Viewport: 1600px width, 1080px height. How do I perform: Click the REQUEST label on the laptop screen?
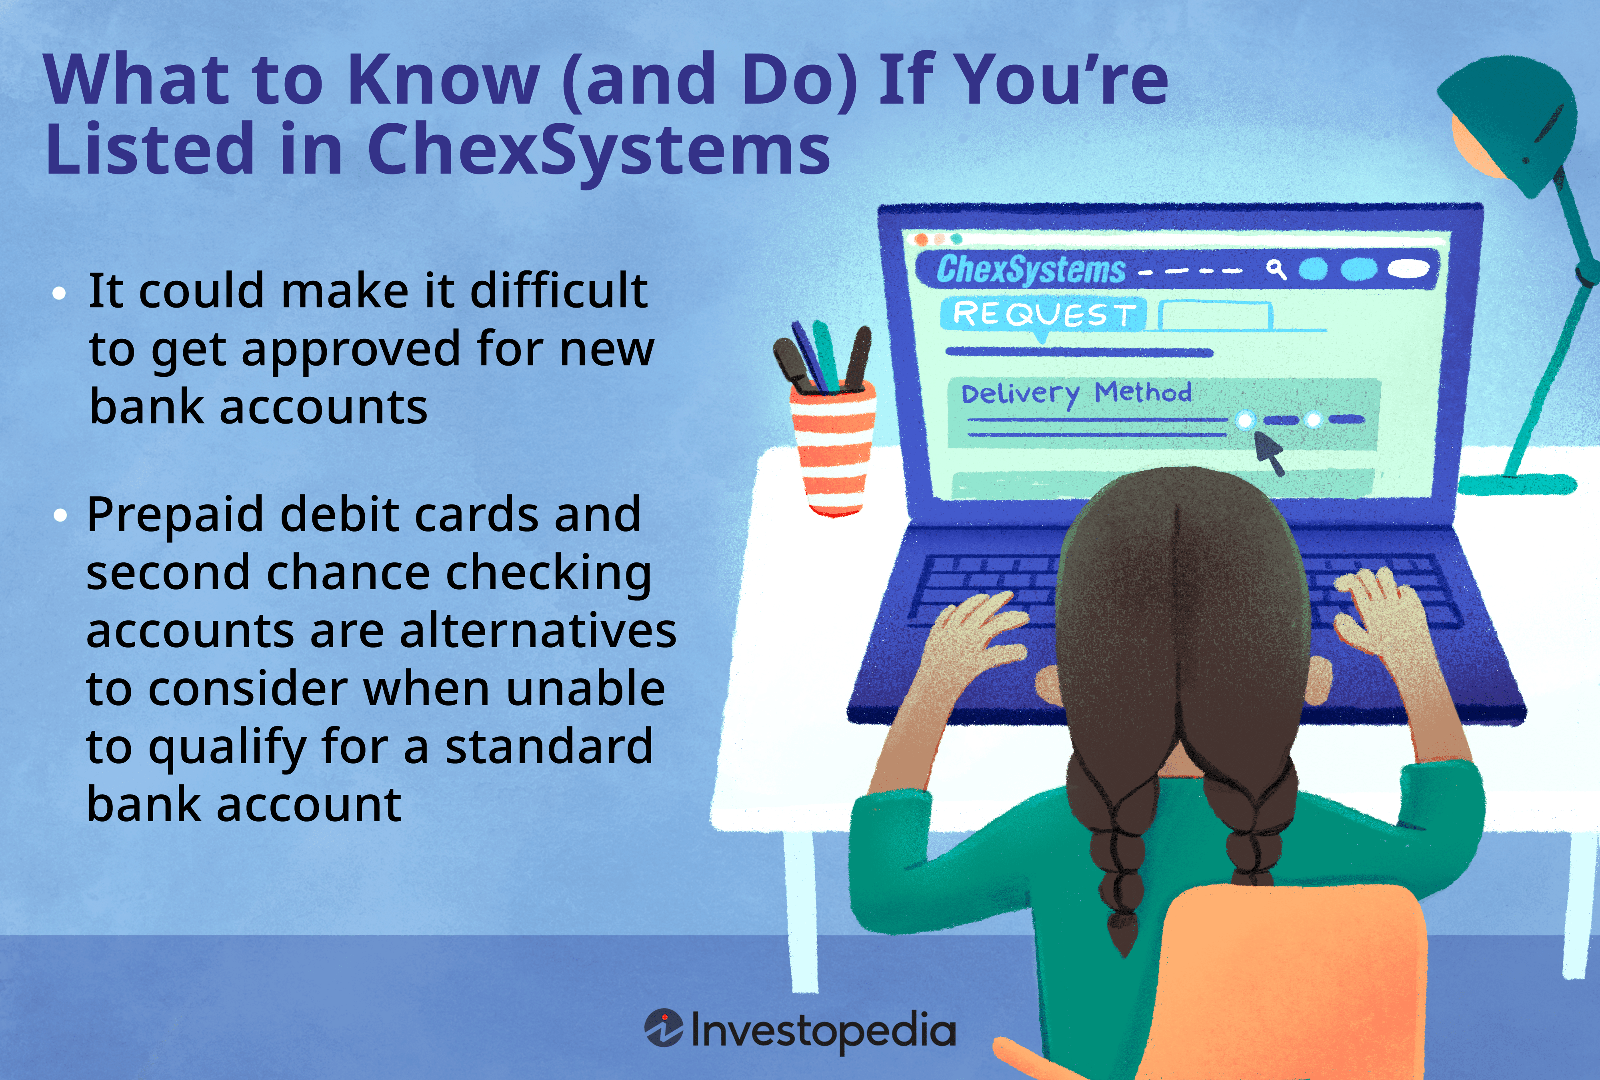pyautogui.click(x=1044, y=314)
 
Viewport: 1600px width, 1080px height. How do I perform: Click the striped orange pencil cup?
pyautogui.click(x=833, y=448)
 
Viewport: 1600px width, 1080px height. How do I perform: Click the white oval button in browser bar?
pyautogui.click(x=1408, y=268)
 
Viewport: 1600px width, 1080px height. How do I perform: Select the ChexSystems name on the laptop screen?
pyautogui.click(x=1031, y=269)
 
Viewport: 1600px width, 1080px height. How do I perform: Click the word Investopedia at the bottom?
pyautogui.click(x=823, y=1030)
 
